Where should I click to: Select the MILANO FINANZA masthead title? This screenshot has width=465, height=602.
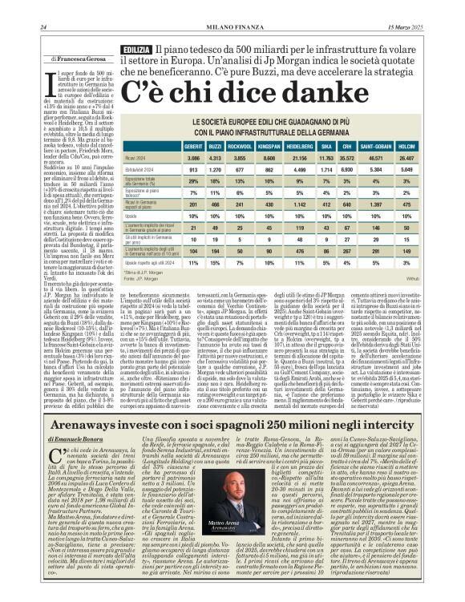(x=232, y=29)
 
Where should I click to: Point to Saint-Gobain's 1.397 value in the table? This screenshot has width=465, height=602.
(x=375, y=204)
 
